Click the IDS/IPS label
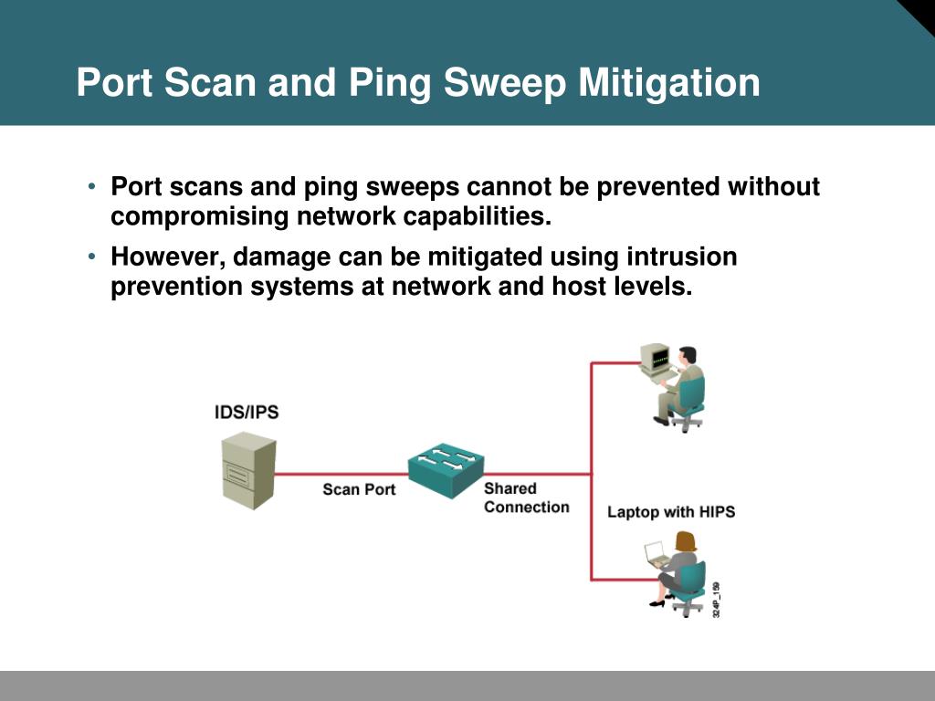click(x=247, y=413)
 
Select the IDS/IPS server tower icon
click(x=248, y=471)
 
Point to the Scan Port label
click(x=359, y=490)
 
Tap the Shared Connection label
click(x=526, y=498)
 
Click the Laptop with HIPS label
click(x=671, y=512)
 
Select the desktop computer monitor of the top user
click(x=656, y=359)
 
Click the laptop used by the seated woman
click(x=655, y=554)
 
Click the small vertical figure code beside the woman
click(x=717, y=600)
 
